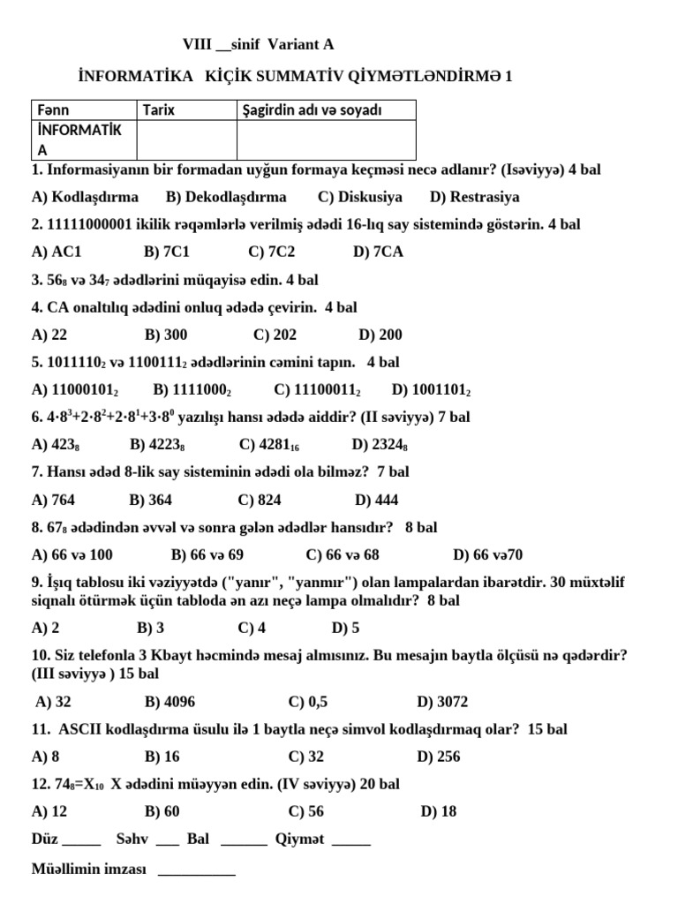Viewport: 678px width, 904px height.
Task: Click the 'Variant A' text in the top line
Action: tap(302, 44)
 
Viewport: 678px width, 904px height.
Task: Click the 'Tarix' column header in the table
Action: tap(159, 110)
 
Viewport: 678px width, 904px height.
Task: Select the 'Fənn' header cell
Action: tap(53, 110)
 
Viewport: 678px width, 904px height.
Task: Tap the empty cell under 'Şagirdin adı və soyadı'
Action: tap(326, 139)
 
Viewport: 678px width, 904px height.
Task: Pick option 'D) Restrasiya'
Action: tap(474, 197)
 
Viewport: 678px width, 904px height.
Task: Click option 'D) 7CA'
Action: tap(378, 252)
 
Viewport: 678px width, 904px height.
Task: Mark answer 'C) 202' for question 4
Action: tap(275, 335)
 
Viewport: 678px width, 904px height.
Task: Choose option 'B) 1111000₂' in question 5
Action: tap(192, 389)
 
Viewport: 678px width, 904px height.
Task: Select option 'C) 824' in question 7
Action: tap(260, 500)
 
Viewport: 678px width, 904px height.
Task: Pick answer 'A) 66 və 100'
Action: tap(72, 554)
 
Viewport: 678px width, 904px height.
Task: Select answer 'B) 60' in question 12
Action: tap(162, 811)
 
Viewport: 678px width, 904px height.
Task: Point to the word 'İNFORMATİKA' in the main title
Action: tap(135, 77)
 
